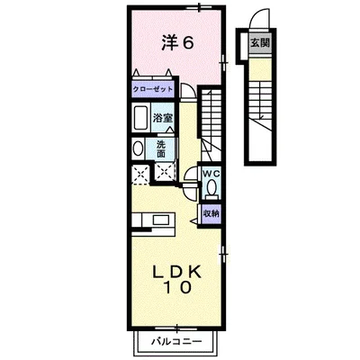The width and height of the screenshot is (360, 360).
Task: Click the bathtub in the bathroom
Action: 141,118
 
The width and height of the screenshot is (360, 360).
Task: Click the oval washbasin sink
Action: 138,148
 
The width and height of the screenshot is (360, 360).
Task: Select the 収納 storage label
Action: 210,213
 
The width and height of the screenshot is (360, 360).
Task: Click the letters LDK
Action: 175,271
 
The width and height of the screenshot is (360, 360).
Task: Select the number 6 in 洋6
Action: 190,41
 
